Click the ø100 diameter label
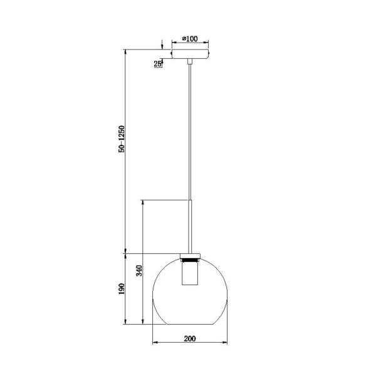point(190,39)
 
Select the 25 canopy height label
point(158,63)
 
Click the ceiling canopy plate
point(190,55)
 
